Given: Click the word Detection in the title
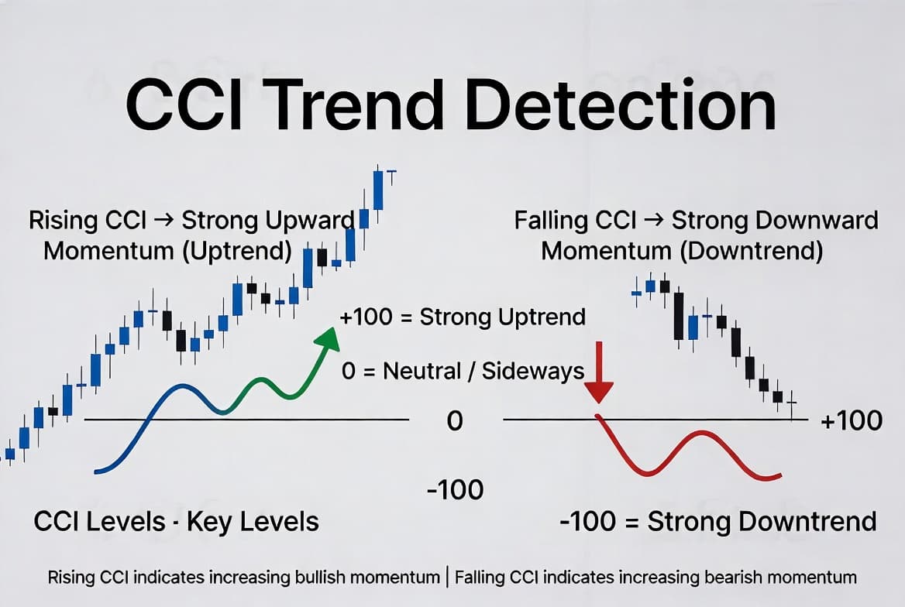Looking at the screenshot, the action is pos(621,105).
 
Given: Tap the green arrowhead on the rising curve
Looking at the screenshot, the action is pos(328,338).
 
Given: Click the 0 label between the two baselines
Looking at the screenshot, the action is pos(455,421).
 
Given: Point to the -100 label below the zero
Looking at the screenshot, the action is pos(456,490).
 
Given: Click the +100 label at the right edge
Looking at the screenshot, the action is pos(852,420).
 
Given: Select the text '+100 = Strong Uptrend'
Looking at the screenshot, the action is pos(463,317).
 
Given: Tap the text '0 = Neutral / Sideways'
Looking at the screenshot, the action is pos(463,371).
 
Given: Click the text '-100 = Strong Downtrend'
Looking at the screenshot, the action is pos(718,522).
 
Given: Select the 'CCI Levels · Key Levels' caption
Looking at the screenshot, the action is pos(176,522).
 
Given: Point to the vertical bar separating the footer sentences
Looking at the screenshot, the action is pos(447,578).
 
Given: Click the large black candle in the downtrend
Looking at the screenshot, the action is pos(679,316).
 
